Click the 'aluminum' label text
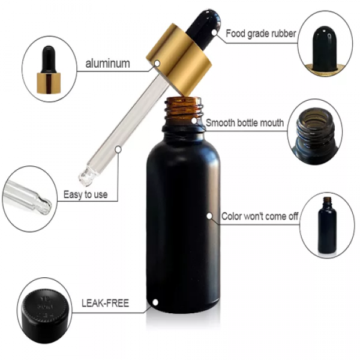(107, 63)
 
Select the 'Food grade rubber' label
(260, 34)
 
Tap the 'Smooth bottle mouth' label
(245, 123)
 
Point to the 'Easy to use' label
(85, 194)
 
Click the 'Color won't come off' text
(259, 216)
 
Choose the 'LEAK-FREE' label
(104, 303)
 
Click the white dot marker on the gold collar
(157, 62)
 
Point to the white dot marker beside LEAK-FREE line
(156, 303)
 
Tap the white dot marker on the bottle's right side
(209, 215)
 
